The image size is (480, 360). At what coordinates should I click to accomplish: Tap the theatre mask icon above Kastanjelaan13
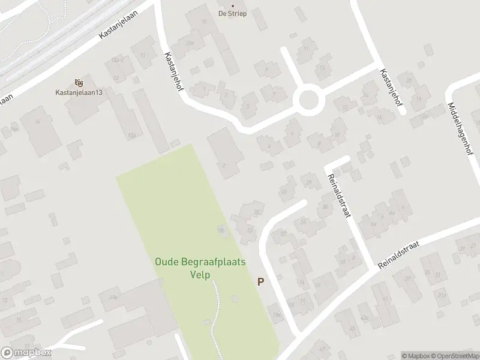coord(78,82)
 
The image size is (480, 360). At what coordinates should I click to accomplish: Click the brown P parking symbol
coord(260,281)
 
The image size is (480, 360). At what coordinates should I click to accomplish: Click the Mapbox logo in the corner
coord(26,353)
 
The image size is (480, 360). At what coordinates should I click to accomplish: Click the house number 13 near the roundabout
coord(322,68)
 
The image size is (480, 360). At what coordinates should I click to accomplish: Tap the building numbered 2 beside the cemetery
coord(224,166)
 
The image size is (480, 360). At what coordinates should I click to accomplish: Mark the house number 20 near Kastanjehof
coord(409,80)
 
